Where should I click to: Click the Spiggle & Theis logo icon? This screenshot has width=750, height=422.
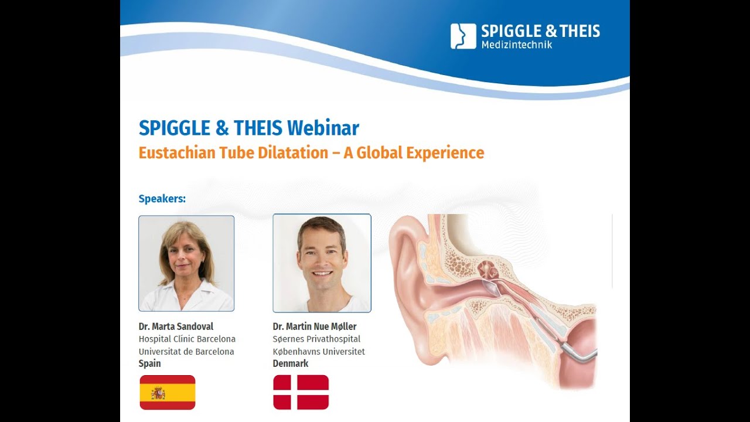[x=463, y=36]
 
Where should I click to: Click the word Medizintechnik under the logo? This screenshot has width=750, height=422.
[x=516, y=45]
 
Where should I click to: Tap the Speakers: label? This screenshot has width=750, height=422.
[x=162, y=199]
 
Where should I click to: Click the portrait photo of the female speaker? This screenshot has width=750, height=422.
[x=186, y=263]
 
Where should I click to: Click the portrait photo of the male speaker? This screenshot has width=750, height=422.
[x=322, y=263]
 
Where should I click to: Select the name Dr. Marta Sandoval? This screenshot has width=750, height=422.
[x=176, y=326]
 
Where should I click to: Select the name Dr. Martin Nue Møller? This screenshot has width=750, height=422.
[x=315, y=326]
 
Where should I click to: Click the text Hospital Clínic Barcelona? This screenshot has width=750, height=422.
[x=187, y=339]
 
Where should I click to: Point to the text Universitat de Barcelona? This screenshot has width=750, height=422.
[x=186, y=352]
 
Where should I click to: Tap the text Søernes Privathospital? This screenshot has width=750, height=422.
[x=316, y=339]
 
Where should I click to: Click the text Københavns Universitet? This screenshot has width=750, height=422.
[x=319, y=352]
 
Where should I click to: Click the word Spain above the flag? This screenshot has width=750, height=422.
[x=149, y=364]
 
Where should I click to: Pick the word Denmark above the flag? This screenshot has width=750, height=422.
[x=291, y=364]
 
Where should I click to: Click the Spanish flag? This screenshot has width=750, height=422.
[x=168, y=392]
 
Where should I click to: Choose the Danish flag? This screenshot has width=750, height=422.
[x=301, y=392]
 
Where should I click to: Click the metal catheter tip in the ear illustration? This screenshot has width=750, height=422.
[x=577, y=352]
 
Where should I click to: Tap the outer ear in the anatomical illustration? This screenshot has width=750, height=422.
[x=410, y=258]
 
